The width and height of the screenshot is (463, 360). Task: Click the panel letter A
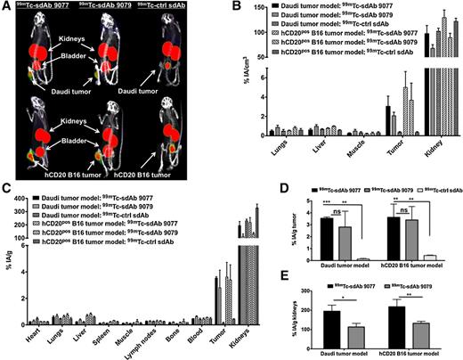pos(7,6)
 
